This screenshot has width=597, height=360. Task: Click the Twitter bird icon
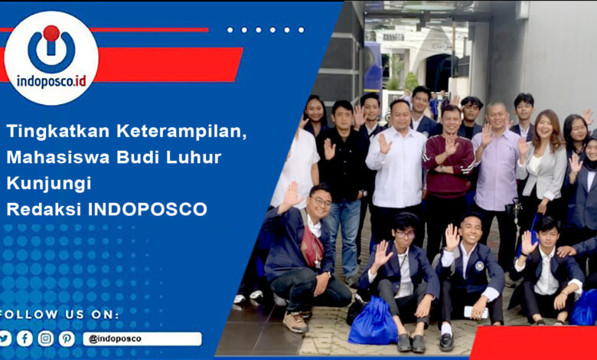point(5,339)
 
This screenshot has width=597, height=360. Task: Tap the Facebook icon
point(24,339)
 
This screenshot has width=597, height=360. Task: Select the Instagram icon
point(46,339)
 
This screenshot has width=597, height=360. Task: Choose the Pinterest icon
point(67,339)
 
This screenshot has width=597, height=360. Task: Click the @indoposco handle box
point(142,339)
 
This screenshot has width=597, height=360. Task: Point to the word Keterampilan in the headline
point(181,132)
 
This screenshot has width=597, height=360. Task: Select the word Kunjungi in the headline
point(49,184)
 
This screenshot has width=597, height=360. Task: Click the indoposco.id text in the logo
point(51,80)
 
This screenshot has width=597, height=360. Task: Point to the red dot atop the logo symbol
point(51,33)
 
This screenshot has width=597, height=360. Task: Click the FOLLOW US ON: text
point(60,315)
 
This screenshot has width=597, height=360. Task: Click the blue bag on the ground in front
point(374,322)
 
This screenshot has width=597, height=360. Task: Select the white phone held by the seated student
point(476,313)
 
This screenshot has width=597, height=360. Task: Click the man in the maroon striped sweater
point(448,179)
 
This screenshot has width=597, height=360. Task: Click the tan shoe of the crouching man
point(295,322)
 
